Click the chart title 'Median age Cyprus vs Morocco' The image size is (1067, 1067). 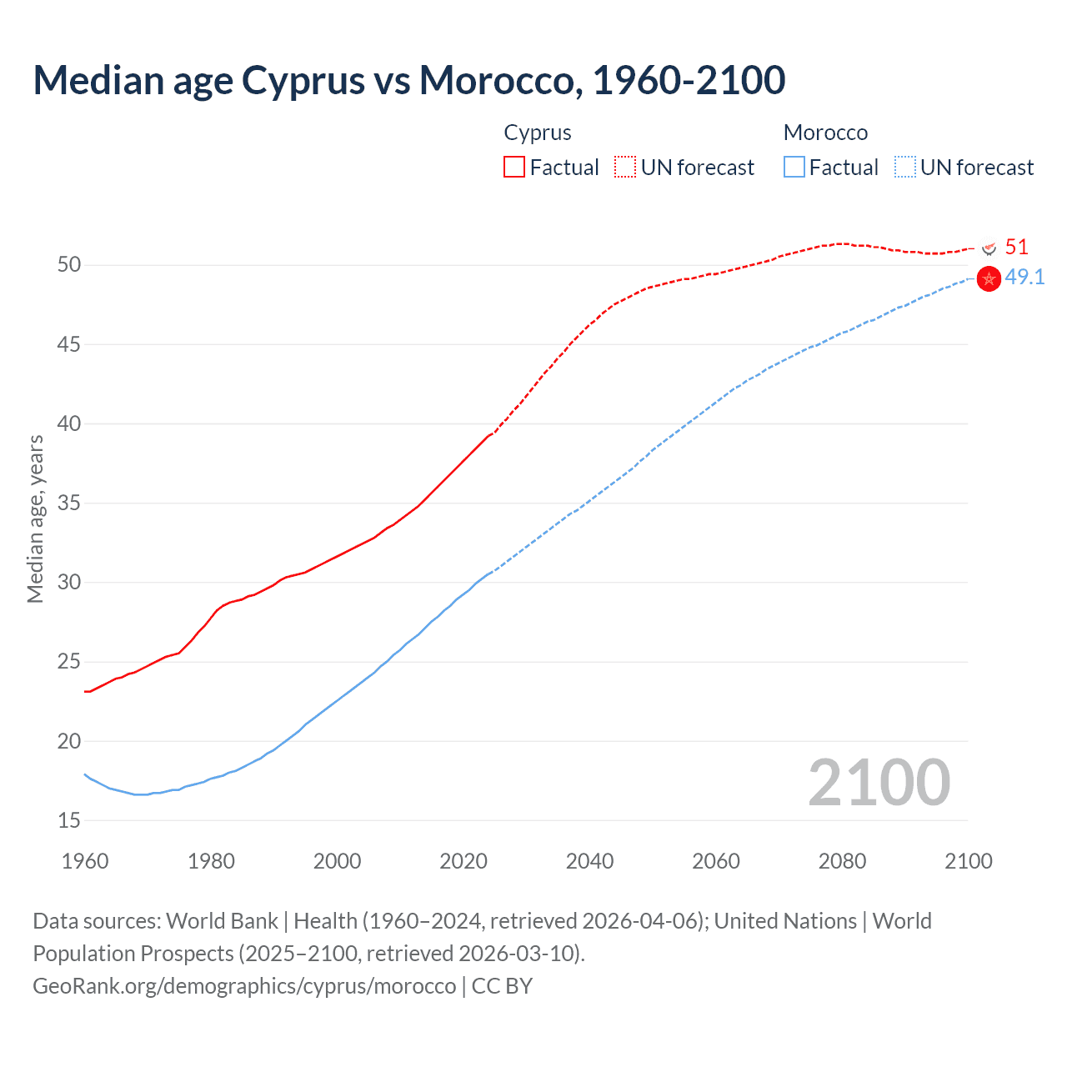point(408,80)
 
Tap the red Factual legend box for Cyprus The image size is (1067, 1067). point(514,168)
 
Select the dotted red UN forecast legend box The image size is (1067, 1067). point(625,168)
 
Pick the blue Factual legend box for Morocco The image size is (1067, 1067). point(794,168)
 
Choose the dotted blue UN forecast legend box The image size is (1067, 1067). point(905,168)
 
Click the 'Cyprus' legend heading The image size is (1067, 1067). point(538,133)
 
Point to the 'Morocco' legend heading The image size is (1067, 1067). point(825,133)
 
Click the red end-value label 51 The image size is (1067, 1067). point(1016,247)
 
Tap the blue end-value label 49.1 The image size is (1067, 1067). point(1024,277)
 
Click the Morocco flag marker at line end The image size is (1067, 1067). point(989,279)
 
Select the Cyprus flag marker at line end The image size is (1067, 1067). point(989,248)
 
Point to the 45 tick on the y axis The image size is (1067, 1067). point(69,344)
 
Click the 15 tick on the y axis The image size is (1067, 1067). point(69,820)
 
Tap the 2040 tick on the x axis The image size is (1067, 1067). point(589,861)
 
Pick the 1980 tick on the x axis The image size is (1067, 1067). point(211,861)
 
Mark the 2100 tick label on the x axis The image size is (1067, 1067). point(968,861)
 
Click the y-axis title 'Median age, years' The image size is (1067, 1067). point(35,518)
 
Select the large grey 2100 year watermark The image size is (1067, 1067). point(879,782)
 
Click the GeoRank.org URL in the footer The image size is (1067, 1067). point(244,985)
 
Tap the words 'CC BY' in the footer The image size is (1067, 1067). point(502,985)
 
